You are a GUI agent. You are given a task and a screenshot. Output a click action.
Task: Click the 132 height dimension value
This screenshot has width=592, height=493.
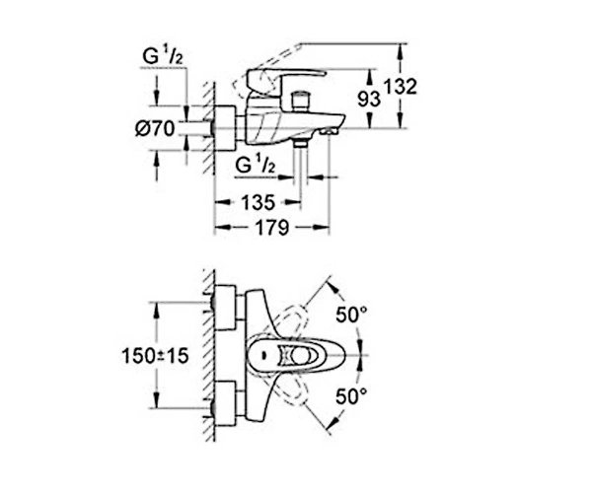[401, 87]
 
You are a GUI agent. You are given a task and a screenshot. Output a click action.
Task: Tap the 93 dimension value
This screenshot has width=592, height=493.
[369, 100]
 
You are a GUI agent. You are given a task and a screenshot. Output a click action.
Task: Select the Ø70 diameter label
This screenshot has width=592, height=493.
[155, 128]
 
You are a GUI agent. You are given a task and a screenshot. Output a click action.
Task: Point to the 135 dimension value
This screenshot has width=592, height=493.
[259, 203]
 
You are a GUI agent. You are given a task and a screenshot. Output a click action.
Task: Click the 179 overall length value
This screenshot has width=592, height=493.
[272, 228]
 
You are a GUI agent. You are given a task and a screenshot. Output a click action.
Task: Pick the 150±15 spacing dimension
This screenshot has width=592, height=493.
[155, 356]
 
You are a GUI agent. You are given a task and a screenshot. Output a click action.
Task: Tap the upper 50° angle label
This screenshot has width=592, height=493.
[351, 315]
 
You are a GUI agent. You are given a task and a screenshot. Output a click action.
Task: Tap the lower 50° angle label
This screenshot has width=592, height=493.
[351, 396]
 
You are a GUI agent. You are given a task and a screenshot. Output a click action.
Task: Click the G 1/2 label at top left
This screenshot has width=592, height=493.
[163, 57]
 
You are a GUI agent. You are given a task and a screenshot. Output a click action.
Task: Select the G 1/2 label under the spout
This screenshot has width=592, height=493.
[256, 165]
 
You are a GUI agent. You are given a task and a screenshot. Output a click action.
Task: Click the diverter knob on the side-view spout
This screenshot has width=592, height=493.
[301, 101]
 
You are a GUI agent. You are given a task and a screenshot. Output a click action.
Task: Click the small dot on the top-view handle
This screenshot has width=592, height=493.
[263, 355]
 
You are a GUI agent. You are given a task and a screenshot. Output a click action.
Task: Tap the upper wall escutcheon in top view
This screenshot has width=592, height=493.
[225, 309]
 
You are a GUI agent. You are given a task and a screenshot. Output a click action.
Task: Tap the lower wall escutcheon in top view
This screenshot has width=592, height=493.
[225, 403]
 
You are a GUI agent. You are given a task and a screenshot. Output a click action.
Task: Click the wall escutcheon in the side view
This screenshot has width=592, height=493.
[225, 128]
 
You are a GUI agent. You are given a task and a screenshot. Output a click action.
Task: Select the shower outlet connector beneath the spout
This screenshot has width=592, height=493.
[301, 142]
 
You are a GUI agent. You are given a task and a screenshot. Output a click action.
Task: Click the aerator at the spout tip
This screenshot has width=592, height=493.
[329, 131]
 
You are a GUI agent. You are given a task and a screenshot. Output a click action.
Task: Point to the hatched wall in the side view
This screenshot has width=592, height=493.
[209, 128]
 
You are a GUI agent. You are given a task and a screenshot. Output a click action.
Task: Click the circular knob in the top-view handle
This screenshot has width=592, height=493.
[301, 355]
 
